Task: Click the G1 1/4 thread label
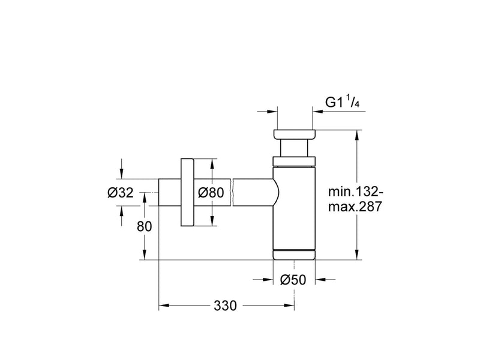coord(342,101)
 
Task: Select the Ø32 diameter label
coord(121,193)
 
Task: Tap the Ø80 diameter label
coord(211,193)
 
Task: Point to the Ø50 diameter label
coord(293,280)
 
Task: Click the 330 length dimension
coord(226,305)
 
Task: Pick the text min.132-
coord(355,192)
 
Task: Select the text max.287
coord(355,206)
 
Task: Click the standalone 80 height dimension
coord(145,227)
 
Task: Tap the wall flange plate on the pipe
coord(187,192)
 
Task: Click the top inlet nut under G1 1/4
coord(295,134)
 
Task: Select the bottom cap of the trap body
coord(294,255)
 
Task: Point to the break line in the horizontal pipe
coord(232,192)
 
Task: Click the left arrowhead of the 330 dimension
coord(164,305)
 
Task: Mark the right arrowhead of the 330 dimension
coord(289,305)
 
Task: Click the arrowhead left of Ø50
coord(268,280)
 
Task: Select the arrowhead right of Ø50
coord(320,280)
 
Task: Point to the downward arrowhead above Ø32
coord(122,173)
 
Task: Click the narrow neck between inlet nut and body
coord(294,148)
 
